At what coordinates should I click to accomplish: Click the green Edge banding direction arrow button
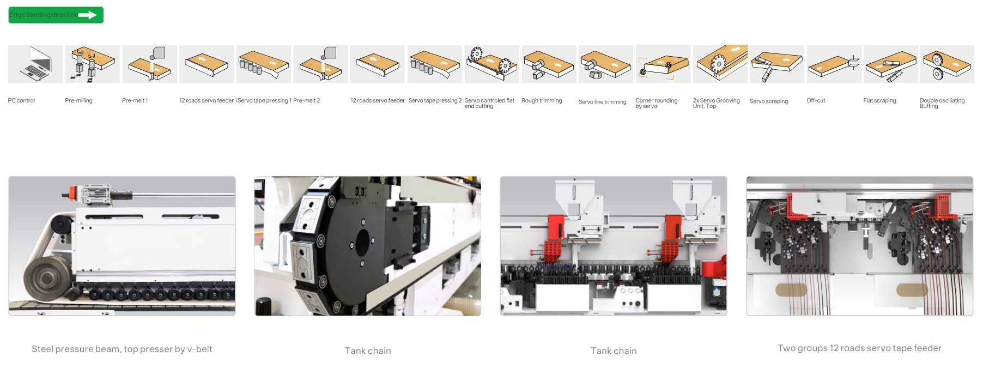(56, 15)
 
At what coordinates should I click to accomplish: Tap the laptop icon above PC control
(35, 64)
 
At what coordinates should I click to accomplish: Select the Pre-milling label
(78, 100)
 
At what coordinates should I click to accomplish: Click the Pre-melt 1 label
(135, 100)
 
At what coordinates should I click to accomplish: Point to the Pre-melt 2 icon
(321, 64)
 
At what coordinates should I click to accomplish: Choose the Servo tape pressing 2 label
(435, 100)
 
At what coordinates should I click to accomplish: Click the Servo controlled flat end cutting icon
(492, 64)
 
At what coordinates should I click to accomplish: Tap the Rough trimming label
(542, 100)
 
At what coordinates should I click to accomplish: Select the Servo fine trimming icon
(606, 64)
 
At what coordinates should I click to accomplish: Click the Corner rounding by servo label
(657, 103)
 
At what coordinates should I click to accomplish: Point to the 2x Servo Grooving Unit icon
(720, 64)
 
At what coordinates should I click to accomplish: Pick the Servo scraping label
(769, 101)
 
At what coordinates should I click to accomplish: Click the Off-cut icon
(834, 64)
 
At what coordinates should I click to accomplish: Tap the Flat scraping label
(879, 100)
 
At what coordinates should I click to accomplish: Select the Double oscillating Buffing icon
(947, 64)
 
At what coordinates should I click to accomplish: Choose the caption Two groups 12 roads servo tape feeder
(859, 348)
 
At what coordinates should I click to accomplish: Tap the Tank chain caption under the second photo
(368, 351)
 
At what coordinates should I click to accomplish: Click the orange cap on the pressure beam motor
(72, 192)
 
